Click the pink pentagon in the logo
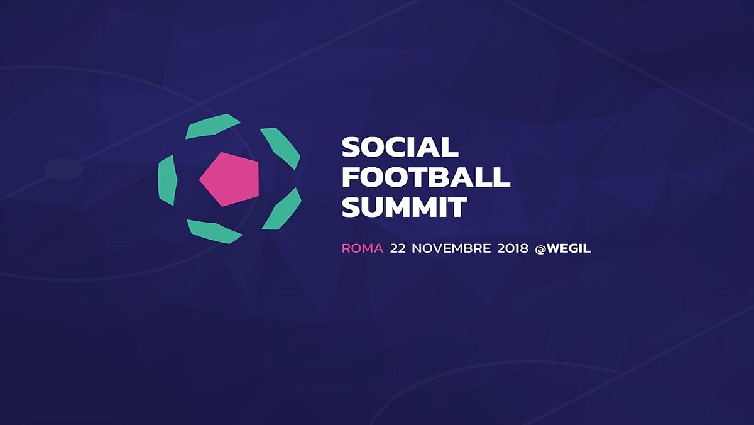click(x=229, y=179)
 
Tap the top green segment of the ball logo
click(x=212, y=126)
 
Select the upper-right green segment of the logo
click(x=280, y=148)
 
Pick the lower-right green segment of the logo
click(x=282, y=209)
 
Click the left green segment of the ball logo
click(x=168, y=180)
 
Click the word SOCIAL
click(x=400, y=147)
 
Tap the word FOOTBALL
click(x=426, y=177)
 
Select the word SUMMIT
click(x=405, y=207)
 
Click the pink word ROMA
click(x=363, y=248)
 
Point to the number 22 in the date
click(x=398, y=248)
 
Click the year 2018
click(x=513, y=248)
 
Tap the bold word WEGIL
click(x=569, y=248)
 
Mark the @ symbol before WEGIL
click(x=540, y=249)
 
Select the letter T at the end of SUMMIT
click(x=458, y=207)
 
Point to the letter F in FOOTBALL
click(x=351, y=177)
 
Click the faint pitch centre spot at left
click(x=63, y=169)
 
